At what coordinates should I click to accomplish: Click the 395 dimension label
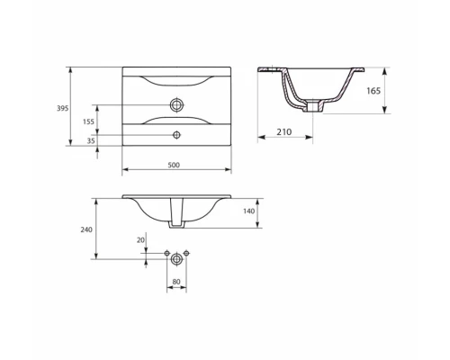tap(63, 108)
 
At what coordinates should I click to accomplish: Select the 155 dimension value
tap(88, 121)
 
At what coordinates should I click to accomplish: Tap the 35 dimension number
tap(91, 140)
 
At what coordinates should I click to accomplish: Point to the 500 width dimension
tap(174, 165)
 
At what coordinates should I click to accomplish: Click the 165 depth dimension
tap(373, 91)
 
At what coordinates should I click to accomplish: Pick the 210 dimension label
tap(283, 131)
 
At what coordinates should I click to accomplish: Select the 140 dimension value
tap(248, 211)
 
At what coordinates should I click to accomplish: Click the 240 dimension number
tap(86, 229)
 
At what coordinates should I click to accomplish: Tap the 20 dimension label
tap(140, 240)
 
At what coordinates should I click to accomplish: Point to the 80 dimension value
tap(176, 282)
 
